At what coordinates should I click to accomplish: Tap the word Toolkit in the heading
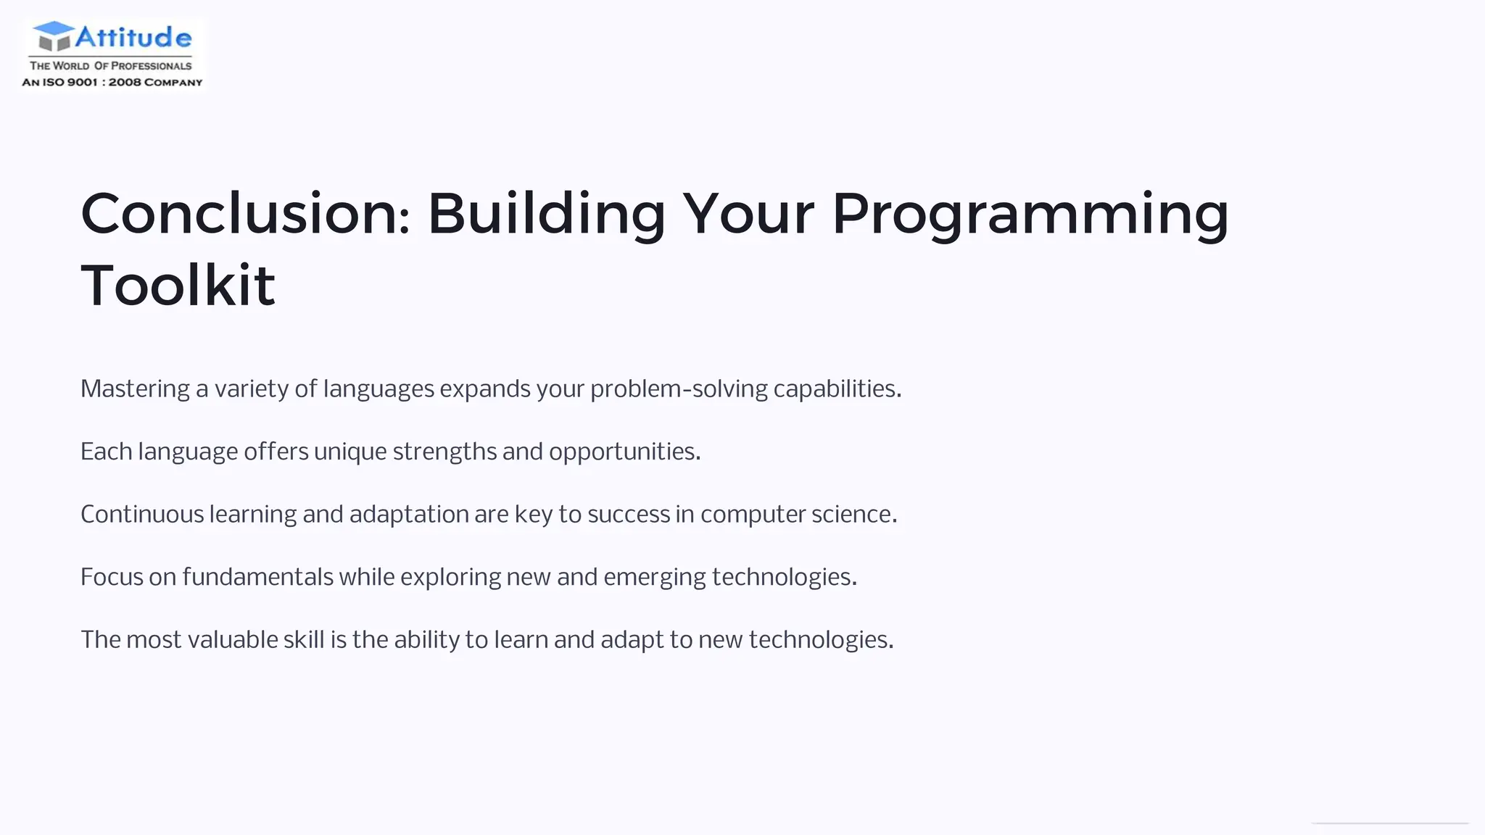tap(178, 286)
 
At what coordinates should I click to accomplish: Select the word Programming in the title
tap(1030, 215)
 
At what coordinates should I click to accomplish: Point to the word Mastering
tap(135, 389)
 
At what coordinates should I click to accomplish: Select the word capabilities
tap(837, 389)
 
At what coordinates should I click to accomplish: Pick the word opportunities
tap(624, 452)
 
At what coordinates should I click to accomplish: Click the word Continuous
tap(142, 515)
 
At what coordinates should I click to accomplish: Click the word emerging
tap(654, 578)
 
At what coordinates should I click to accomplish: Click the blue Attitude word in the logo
tap(133, 36)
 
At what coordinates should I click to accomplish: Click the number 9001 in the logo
tap(82, 83)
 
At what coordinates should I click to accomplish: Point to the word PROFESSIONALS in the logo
tap(151, 66)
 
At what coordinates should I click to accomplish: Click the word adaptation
tap(409, 515)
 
